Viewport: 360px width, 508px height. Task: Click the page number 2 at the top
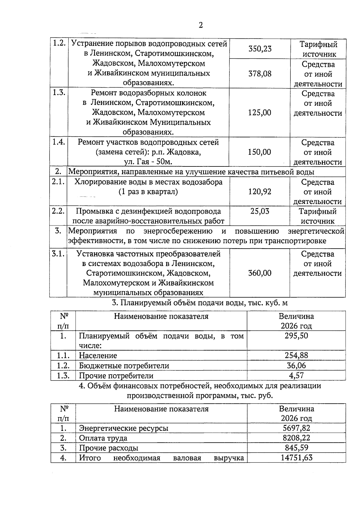[x=201, y=25]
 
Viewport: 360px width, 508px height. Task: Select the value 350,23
[x=260, y=49]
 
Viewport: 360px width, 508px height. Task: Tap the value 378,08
[x=260, y=73]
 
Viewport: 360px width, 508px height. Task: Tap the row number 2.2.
[x=58, y=211]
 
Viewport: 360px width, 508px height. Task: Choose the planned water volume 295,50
[x=296, y=336]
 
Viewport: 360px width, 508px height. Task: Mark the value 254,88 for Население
[x=296, y=355]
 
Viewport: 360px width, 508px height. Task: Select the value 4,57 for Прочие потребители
[x=296, y=375]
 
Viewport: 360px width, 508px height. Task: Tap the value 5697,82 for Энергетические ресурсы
[x=296, y=428]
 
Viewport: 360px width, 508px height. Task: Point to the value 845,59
[x=296, y=448]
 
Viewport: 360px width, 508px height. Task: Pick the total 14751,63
[x=296, y=458]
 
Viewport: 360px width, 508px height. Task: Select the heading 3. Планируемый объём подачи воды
[x=199, y=303]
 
